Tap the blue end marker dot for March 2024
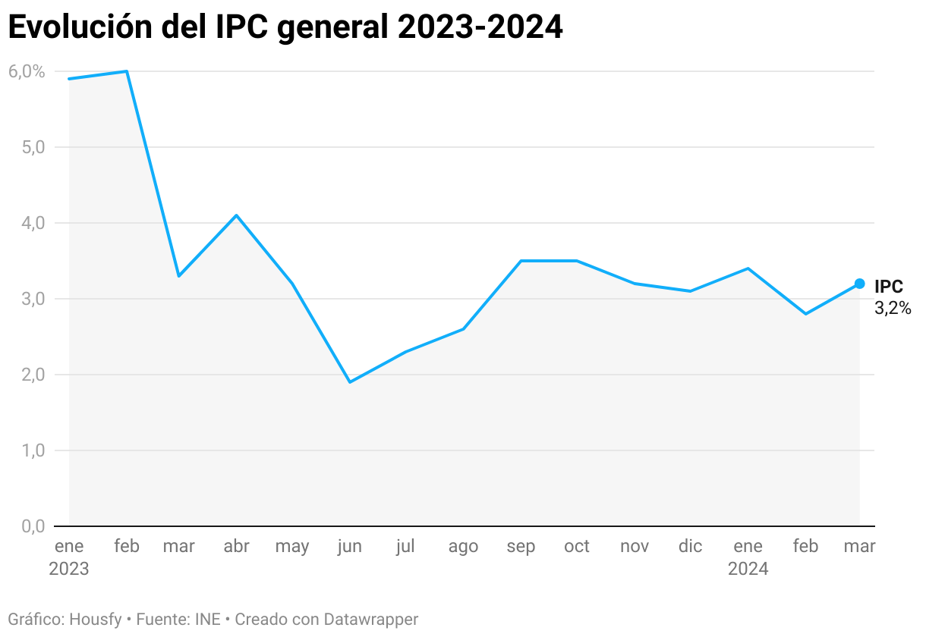pos(859,284)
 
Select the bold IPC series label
pos(889,287)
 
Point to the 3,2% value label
pos(893,309)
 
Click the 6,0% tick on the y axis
pos(27,71)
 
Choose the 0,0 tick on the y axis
pos(27,526)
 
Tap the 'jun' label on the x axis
pos(349,547)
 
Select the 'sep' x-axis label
pos(521,547)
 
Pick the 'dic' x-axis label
pos(690,547)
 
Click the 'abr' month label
pos(237,547)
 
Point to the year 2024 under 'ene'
pos(748,569)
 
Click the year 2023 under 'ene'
pos(69,569)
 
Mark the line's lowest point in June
pos(350,381)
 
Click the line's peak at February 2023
pos(126,71)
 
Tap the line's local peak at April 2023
pos(237,215)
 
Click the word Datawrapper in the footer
pos(370,620)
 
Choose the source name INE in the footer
pos(206,620)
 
